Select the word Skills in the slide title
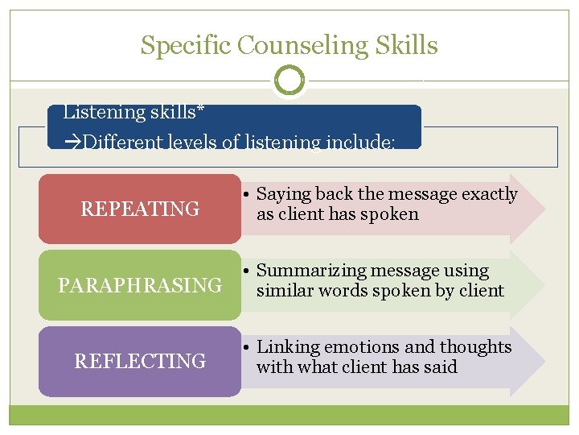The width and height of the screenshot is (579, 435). point(410,45)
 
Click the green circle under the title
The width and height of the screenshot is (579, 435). point(289,80)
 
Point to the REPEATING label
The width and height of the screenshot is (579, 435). point(140,209)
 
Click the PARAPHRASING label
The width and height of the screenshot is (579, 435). point(140,285)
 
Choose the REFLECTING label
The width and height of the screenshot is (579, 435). point(140,362)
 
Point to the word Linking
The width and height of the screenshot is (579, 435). point(285,347)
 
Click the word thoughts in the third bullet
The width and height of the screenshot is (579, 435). point(477,347)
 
